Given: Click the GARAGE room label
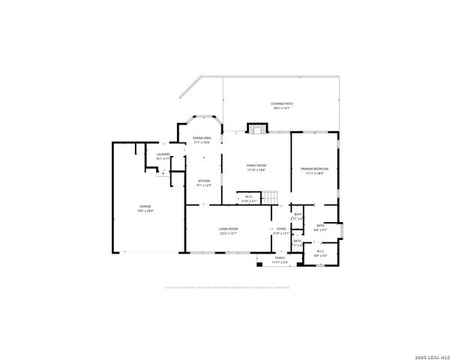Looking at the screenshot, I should pyautogui.click(x=145, y=206).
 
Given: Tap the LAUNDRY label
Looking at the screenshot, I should pyautogui.click(x=163, y=154).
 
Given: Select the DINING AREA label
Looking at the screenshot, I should pyautogui.click(x=202, y=138).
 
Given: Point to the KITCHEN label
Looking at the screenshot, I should pyautogui.click(x=204, y=181).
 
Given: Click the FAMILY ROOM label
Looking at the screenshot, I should pyautogui.click(x=257, y=165).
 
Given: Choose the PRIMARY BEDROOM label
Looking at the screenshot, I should pyautogui.click(x=315, y=169).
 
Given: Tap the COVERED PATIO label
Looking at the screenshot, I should pyautogui.click(x=281, y=103).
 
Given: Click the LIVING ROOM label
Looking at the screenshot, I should pyautogui.click(x=228, y=229).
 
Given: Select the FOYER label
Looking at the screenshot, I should pyautogui.click(x=281, y=229).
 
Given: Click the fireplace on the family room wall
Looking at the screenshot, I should pyautogui.click(x=257, y=128).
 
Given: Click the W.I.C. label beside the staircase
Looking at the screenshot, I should pyautogui.click(x=247, y=196).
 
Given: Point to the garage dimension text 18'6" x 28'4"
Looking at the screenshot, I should pyautogui.click(x=145, y=211).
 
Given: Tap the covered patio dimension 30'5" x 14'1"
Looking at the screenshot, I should pyautogui.click(x=281, y=108).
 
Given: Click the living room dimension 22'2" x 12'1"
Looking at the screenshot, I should pyautogui.click(x=228, y=233).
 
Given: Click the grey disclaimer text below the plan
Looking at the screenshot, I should pyautogui.click(x=227, y=286).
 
